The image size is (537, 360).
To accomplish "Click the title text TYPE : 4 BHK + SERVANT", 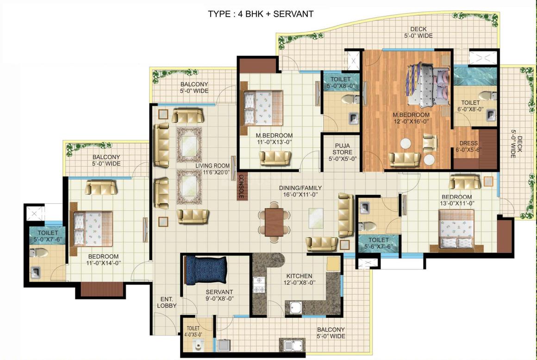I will pos(261,13).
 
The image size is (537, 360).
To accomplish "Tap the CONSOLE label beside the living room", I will pos(241,187).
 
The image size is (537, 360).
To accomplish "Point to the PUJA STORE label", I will pos(342,152).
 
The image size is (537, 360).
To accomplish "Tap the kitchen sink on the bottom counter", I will pos(295,307).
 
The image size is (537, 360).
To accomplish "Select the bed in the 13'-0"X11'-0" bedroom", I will pos(456,228).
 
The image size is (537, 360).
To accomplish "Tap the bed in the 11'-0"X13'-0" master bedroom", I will pos(262,107).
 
